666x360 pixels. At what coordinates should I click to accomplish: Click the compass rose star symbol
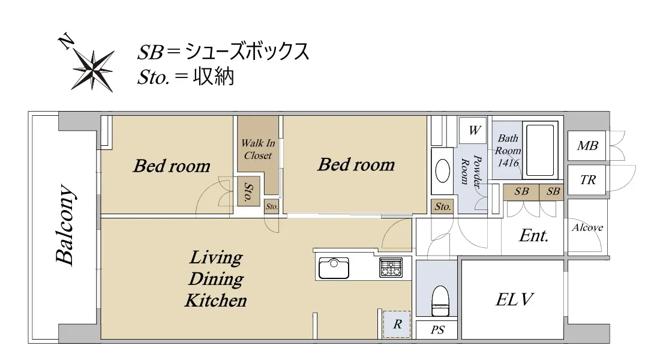click(93, 70)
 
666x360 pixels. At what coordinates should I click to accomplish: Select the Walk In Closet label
click(258, 149)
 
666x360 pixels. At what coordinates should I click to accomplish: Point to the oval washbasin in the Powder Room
click(443, 170)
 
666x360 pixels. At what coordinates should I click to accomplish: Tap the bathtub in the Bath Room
click(540, 150)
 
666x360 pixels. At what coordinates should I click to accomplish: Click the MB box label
click(587, 146)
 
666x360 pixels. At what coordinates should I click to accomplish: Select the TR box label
click(588, 180)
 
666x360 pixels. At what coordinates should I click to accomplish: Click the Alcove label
click(587, 227)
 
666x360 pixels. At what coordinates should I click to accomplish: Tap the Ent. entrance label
click(534, 236)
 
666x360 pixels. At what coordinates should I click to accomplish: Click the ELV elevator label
click(514, 300)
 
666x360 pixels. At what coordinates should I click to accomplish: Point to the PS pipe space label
click(437, 330)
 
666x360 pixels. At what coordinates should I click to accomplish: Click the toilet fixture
click(440, 301)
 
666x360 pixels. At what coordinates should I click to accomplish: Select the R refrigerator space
click(397, 325)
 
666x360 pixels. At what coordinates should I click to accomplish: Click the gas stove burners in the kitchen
click(391, 268)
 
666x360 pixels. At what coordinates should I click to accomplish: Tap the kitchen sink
click(334, 268)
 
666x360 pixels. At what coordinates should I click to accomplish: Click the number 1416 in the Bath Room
click(508, 163)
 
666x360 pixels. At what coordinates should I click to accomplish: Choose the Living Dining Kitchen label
click(216, 279)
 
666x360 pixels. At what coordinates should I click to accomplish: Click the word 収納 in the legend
click(214, 77)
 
